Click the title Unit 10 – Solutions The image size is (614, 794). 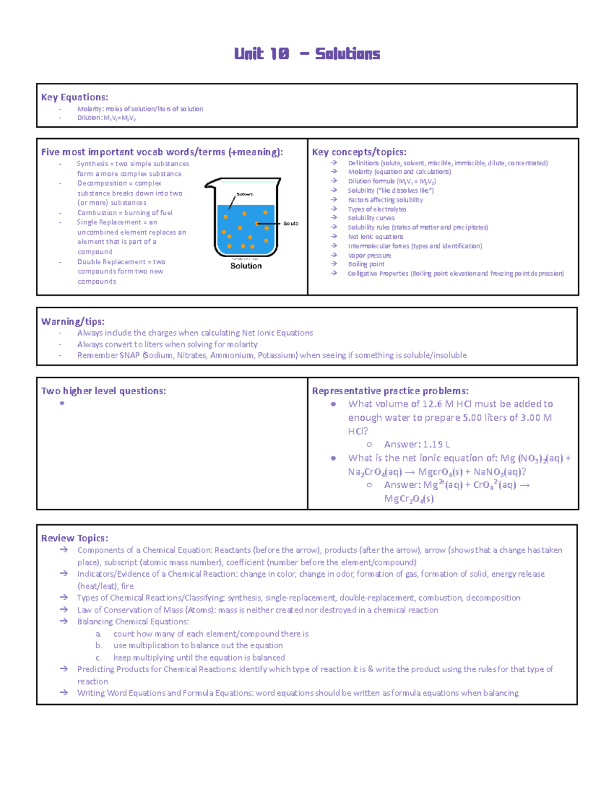click(x=307, y=54)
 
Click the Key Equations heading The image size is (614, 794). click(x=75, y=97)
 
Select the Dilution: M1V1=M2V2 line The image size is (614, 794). click(x=106, y=118)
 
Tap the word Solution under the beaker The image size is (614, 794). click(x=246, y=266)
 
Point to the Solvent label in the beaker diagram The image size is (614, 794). click(x=245, y=194)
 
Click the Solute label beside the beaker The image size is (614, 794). click(x=291, y=223)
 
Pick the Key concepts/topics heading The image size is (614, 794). click(x=359, y=152)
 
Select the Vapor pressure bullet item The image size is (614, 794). click(x=369, y=255)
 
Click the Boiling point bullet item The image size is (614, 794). click(x=366, y=264)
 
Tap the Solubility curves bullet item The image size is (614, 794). click(x=371, y=218)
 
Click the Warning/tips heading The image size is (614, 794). click(x=73, y=322)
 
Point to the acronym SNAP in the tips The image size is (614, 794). click(x=129, y=355)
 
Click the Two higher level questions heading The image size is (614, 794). click(x=103, y=391)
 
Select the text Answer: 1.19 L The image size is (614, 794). click(x=417, y=445)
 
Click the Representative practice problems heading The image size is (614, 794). click(x=390, y=391)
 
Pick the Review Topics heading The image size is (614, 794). click(x=75, y=538)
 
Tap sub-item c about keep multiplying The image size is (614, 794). click(x=199, y=657)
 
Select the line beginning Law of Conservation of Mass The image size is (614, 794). click(x=257, y=610)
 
